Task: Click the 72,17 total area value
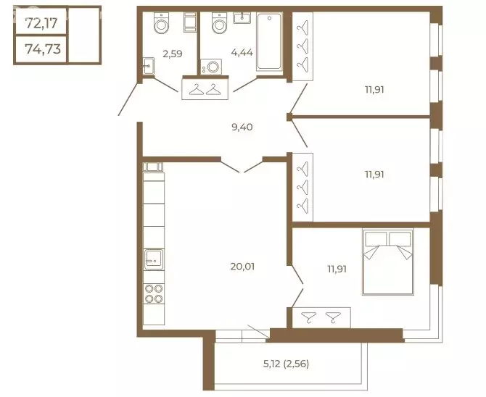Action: [x=41, y=23]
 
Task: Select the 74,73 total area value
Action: [x=43, y=49]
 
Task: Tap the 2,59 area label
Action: [x=173, y=54]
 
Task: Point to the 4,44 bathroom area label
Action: [x=242, y=53]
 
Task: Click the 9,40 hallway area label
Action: [x=242, y=127]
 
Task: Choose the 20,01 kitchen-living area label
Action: [x=242, y=267]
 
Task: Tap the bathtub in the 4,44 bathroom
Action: [x=269, y=41]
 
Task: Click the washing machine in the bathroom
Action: [x=211, y=67]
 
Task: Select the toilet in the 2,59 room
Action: [x=161, y=22]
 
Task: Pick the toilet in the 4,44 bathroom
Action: [x=220, y=22]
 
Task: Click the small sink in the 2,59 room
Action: [x=149, y=66]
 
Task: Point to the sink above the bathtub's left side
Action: [x=242, y=18]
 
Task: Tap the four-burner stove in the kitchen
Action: [x=154, y=294]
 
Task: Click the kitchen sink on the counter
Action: [x=154, y=259]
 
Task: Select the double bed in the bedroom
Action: [x=388, y=262]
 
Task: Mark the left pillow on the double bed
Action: [x=376, y=239]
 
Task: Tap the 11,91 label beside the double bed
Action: [x=337, y=269]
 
